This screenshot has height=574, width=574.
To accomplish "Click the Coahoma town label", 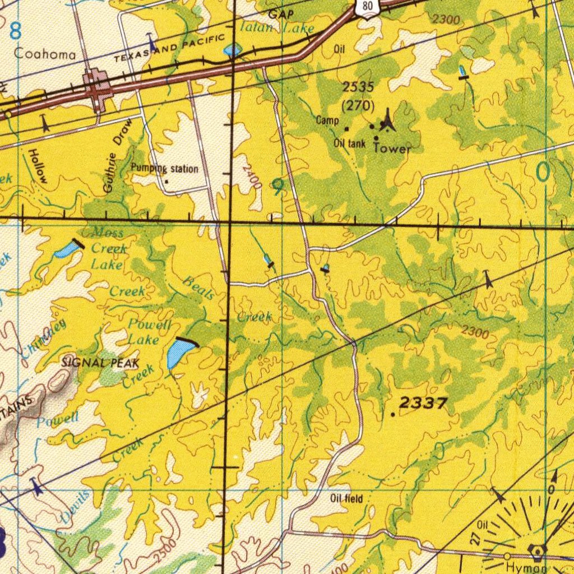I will coord(45,54).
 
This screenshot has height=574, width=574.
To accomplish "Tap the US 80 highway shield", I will coord(367,7).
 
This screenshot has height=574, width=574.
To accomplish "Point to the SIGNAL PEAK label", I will coord(100,363).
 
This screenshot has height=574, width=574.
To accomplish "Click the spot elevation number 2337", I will coord(423,402).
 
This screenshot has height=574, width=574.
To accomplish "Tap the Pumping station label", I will coord(164,169).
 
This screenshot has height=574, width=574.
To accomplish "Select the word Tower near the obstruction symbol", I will coord(392,149).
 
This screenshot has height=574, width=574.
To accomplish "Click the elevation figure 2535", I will coord(358,87).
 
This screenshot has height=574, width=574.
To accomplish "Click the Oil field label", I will coord(346,499).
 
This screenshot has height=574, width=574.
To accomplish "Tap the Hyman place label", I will coord(526,568).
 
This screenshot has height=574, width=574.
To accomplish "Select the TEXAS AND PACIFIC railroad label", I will coord(169,48).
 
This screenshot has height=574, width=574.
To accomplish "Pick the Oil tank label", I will coord(350,143).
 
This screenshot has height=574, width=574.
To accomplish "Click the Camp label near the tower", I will coord(327,120).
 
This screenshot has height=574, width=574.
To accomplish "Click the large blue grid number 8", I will coord(15,31).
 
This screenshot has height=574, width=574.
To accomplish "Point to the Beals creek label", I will coord(198,288).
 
